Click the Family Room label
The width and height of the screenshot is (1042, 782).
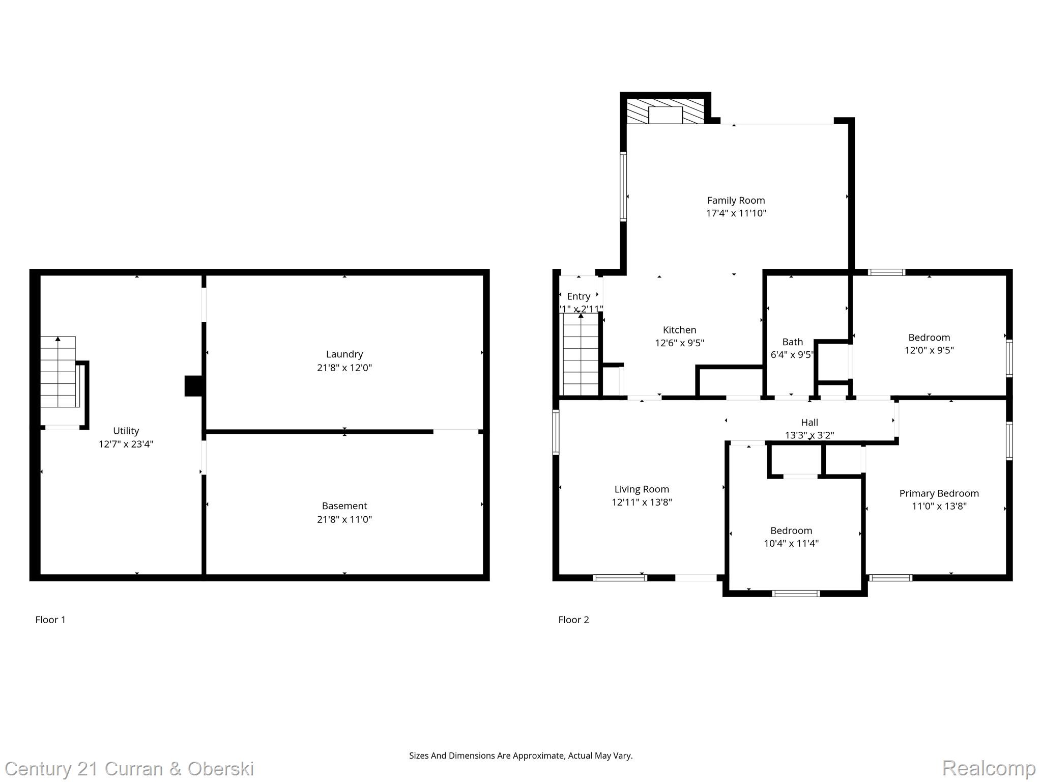click(736, 201)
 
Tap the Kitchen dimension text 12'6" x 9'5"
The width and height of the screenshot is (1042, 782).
click(679, 343)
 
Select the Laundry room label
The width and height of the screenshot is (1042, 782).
click(344, 354)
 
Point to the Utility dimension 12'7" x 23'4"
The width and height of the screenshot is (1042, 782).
click(126, 444)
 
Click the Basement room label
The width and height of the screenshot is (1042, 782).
click(344, 506)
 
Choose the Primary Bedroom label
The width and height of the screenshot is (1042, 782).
click(939, 493)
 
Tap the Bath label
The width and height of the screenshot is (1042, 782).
click(792, 342)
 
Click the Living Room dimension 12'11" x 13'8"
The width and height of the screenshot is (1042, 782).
click(642, 502)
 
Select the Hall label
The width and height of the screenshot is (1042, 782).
click(809, 423)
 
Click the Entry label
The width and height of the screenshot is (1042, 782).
click(578, 296)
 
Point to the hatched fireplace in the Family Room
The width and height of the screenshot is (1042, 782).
click(665, 111)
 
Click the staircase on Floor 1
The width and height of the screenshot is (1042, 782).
click(58, 372)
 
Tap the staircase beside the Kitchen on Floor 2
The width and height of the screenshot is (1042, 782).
click(581, 354)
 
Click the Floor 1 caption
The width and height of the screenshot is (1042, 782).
click(50, 620)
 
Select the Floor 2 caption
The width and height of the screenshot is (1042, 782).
click(573, 620)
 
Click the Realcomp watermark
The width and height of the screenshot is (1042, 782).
click(989, 768)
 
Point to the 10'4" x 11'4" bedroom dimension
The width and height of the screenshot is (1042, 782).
click(791, 543)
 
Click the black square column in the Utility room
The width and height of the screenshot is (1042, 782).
click(193, 386)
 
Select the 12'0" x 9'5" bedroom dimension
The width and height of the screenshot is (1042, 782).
click(929, 350)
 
